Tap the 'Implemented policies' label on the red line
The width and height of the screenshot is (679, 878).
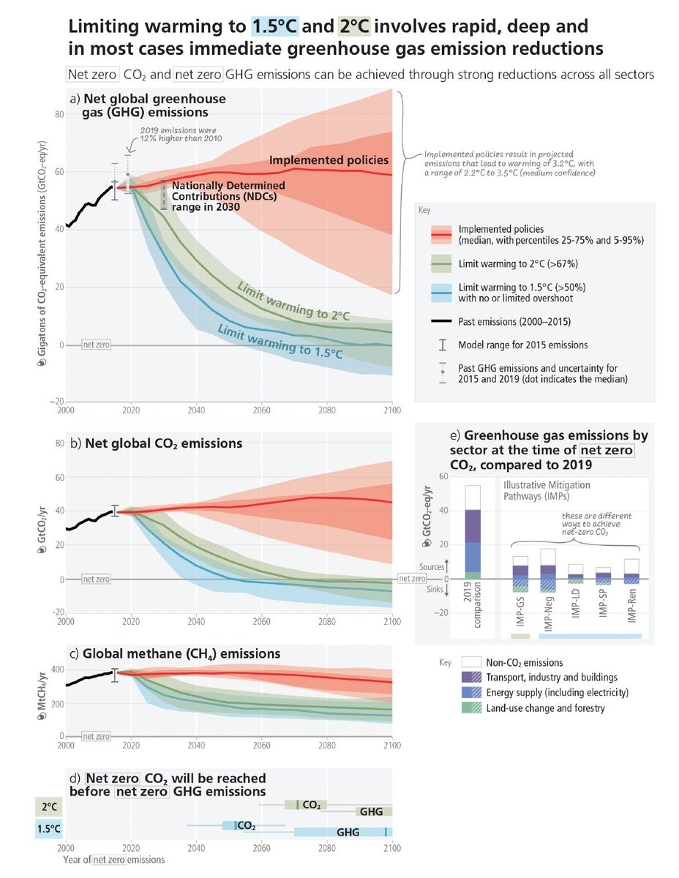click(x=329, y=160)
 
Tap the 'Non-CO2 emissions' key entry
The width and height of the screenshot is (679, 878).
click(x=525, y=662)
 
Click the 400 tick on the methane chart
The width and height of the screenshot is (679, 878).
click(x=52, y=669)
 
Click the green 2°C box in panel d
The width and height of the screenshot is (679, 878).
click(x=49, y=806)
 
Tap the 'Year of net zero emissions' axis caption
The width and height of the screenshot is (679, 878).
click(x=113, y=860)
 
